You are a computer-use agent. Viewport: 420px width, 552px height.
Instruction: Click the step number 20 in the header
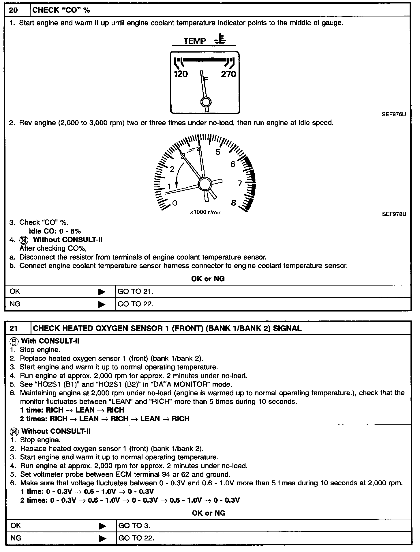point(14,10)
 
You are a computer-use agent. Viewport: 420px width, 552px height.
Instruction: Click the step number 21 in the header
point(14,328)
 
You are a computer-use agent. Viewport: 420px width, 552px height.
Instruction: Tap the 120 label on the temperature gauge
point(181,74)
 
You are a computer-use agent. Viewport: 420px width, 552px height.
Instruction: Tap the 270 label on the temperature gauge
point(228,74)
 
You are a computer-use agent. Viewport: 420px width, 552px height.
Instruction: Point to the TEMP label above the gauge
point(195,41)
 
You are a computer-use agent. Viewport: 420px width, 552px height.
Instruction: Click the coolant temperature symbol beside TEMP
point(221,39)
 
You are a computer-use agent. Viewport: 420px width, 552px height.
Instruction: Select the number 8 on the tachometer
point(234,203)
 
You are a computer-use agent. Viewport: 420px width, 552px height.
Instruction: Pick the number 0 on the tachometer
point(175,203)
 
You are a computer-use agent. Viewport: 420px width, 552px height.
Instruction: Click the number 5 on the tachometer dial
point(218,152)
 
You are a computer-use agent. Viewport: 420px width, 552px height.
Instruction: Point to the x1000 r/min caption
point(206,212)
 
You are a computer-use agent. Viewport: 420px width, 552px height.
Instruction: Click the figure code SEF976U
point(394,114)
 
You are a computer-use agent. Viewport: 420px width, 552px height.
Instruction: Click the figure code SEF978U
point(394,214)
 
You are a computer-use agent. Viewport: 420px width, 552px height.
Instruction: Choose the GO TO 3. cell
point(134,526)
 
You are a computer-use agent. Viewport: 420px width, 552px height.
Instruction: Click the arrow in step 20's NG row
point(102,304)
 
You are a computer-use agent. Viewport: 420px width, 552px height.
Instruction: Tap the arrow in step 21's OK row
point(102,526)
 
